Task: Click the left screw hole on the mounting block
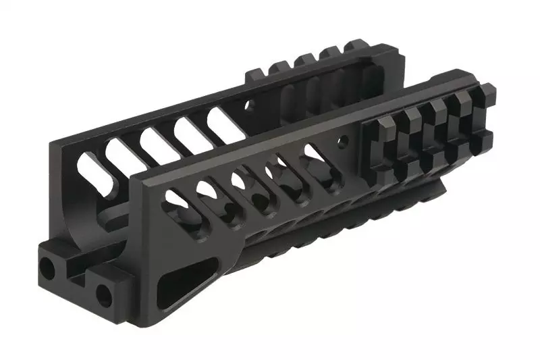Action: tap(49, 269)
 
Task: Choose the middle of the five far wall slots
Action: tap(153, 143)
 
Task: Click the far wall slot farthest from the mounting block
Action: tap(223, 121)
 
